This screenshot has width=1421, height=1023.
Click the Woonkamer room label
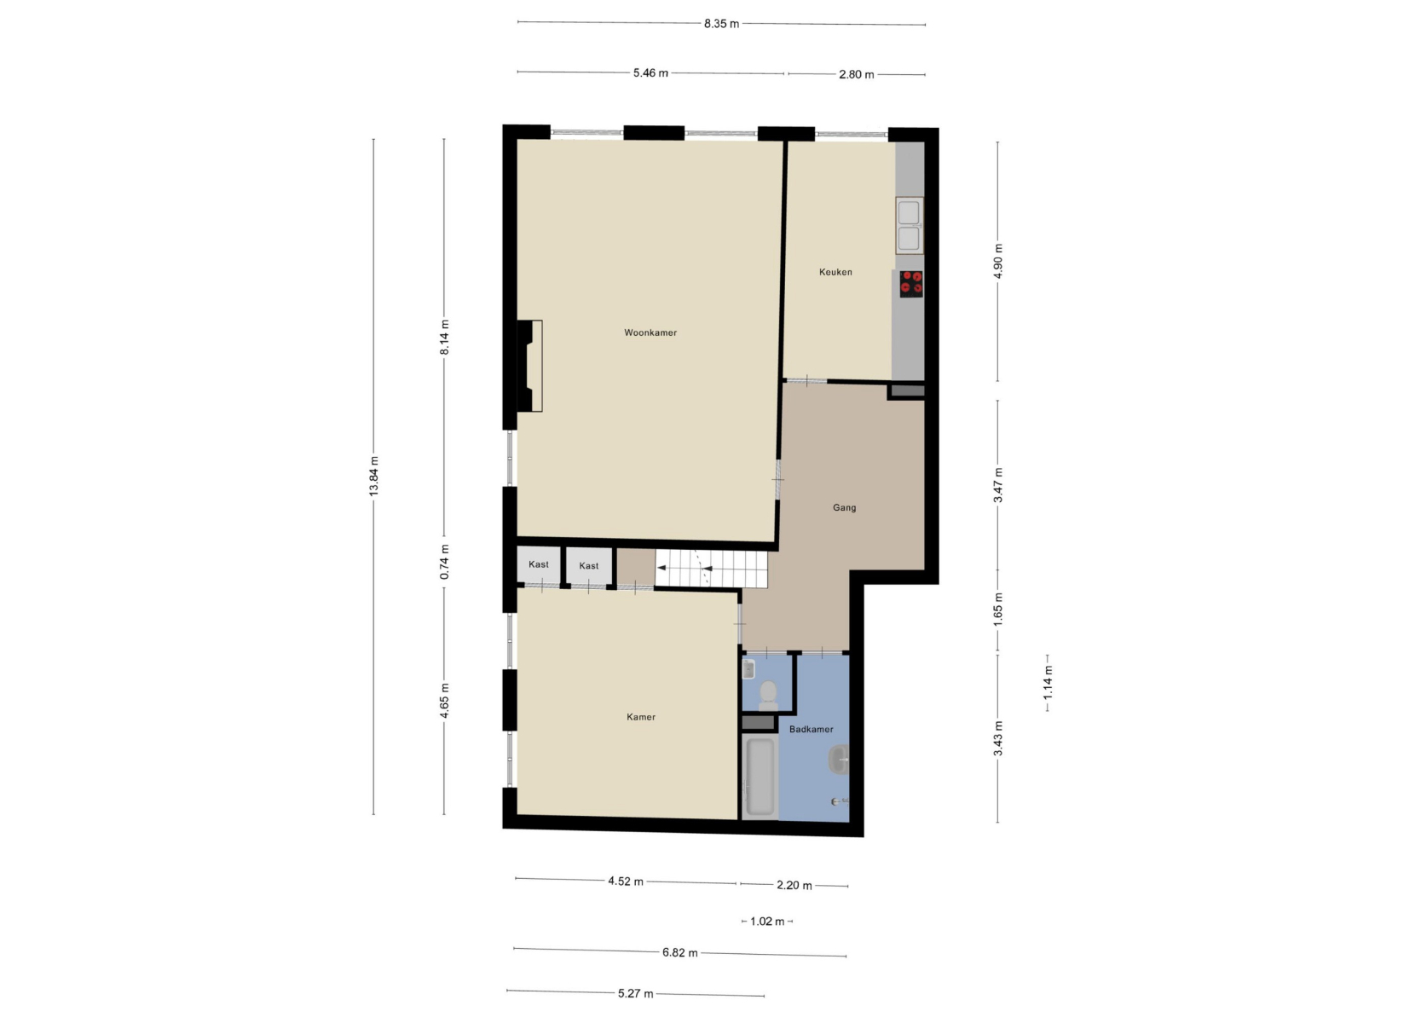tap(650, 332)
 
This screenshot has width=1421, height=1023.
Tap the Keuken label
tap(835, 272)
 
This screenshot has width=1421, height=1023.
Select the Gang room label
tap(845, 508)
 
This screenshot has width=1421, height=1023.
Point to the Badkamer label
tap(812, 729)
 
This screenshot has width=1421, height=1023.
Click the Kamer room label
tap(641, 717)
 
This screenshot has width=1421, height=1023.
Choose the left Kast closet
tap(539, 565)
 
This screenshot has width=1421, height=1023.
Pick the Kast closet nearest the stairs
tap(589, 566)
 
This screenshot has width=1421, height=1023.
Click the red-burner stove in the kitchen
tap(911, 284)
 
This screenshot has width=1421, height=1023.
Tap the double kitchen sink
tap(909, 225)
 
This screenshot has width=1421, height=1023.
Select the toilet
tap(768, 696)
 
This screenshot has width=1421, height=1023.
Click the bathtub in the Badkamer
tap(760, 777)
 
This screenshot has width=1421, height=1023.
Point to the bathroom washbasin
tap(840, 760)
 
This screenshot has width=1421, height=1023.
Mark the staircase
tap(711, 569)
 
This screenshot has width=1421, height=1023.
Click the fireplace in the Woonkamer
tap(529, 367)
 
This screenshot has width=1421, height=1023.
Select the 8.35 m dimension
tap(721, 24)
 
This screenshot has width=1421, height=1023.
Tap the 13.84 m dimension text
tap(373, 477)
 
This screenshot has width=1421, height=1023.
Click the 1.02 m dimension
tap(767, 922)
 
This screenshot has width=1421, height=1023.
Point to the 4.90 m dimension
tap(998, 261)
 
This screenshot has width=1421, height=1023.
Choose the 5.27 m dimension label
tap(636, 994)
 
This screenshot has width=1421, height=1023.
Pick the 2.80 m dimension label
tap(857, 75)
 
